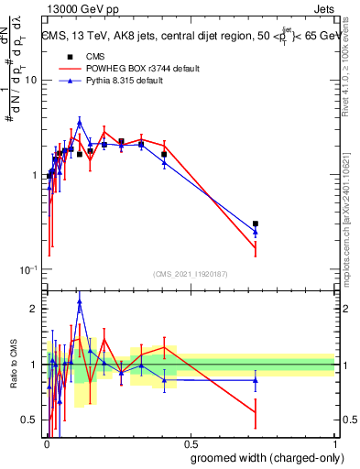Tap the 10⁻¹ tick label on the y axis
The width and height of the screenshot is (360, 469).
point(31,270)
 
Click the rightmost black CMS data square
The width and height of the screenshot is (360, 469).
point(256,224)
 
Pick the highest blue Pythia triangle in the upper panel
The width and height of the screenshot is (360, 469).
point(80,121)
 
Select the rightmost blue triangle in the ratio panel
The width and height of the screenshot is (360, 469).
point(256,379)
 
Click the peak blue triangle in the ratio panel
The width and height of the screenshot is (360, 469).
point(80,300)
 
